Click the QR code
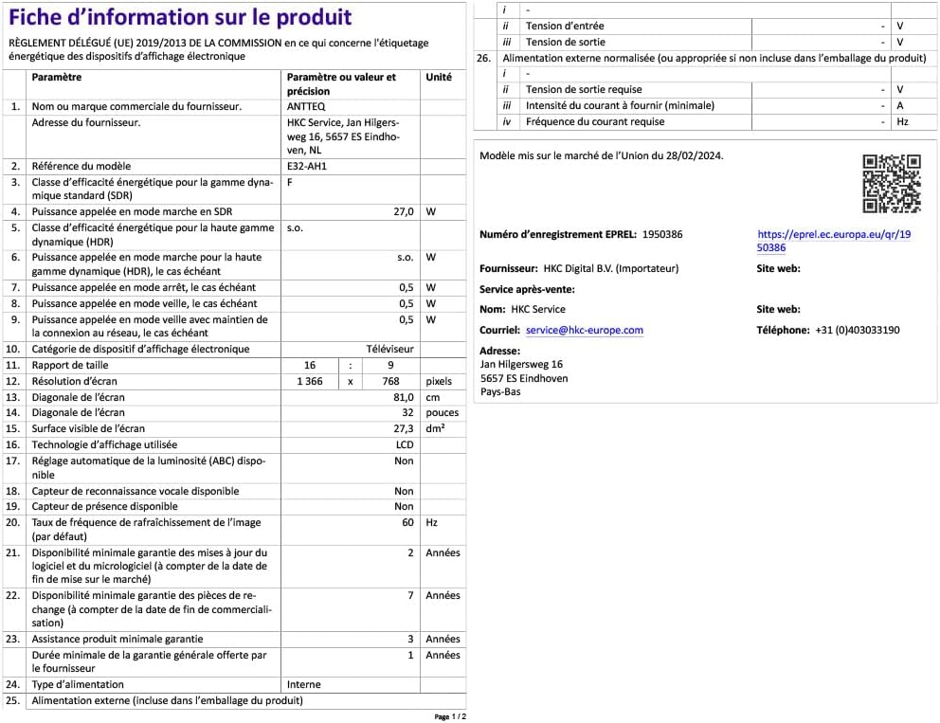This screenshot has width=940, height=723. point(891,184)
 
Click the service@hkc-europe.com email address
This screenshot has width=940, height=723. point(584,331)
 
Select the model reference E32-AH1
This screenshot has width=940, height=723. point(306,166)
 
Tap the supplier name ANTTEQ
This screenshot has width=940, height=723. point(305,107)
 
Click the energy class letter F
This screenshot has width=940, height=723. point(289,182)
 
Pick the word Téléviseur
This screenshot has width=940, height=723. point(390,350)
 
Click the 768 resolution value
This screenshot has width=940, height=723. point(390,381)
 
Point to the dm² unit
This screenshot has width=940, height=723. point(436,428)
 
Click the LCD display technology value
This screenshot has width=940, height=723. point(405,444)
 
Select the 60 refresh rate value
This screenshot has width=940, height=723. point(407,523)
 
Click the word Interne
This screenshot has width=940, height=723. point(303,684)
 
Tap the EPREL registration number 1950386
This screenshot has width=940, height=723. point(662,233)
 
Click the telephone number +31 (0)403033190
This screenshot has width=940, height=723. point(857,331)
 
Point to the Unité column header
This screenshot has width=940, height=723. point(439,78)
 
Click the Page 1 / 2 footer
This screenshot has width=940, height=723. point(450,717)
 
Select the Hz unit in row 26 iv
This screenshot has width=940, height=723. point(902,122)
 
